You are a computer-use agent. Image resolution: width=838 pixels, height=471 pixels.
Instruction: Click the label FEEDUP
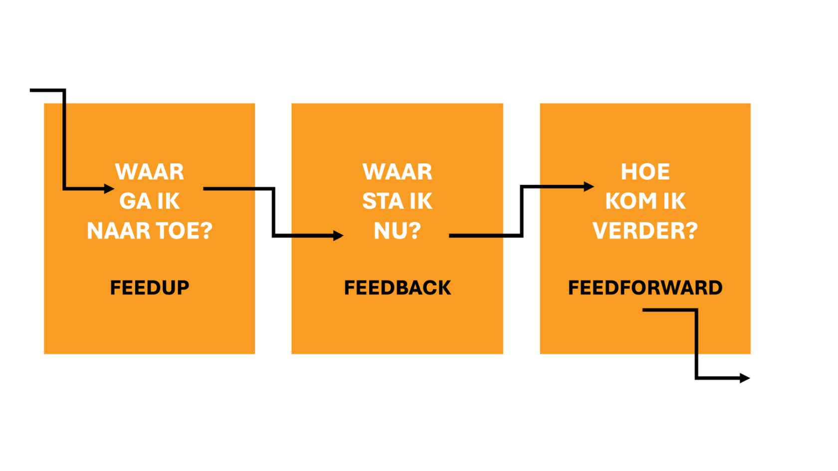[150, 288]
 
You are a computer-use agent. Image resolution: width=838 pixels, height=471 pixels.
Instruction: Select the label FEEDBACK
[397, 288]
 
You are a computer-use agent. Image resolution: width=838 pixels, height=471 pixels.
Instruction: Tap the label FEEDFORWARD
[645, 288]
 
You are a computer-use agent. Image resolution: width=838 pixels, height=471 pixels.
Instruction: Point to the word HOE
[645, 172]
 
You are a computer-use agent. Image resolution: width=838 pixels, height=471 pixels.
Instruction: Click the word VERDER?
[645, 231]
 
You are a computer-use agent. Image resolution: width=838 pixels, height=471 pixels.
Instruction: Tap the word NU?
[397, 231]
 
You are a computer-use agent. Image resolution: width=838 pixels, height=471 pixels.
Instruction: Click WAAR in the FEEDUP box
[150, 172]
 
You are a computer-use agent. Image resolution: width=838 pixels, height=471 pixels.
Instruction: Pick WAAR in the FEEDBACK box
[397, 172]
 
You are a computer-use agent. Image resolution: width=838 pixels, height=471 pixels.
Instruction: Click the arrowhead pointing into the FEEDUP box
[109, 189]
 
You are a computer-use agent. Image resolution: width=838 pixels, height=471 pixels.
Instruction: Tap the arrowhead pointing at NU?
[338, 236]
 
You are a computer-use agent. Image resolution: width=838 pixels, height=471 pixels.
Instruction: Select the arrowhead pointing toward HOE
[589, 187]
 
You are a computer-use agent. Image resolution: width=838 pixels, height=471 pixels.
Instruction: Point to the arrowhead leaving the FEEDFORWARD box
[745, 378]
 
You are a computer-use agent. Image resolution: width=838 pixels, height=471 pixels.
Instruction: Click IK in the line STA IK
[421, 201]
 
